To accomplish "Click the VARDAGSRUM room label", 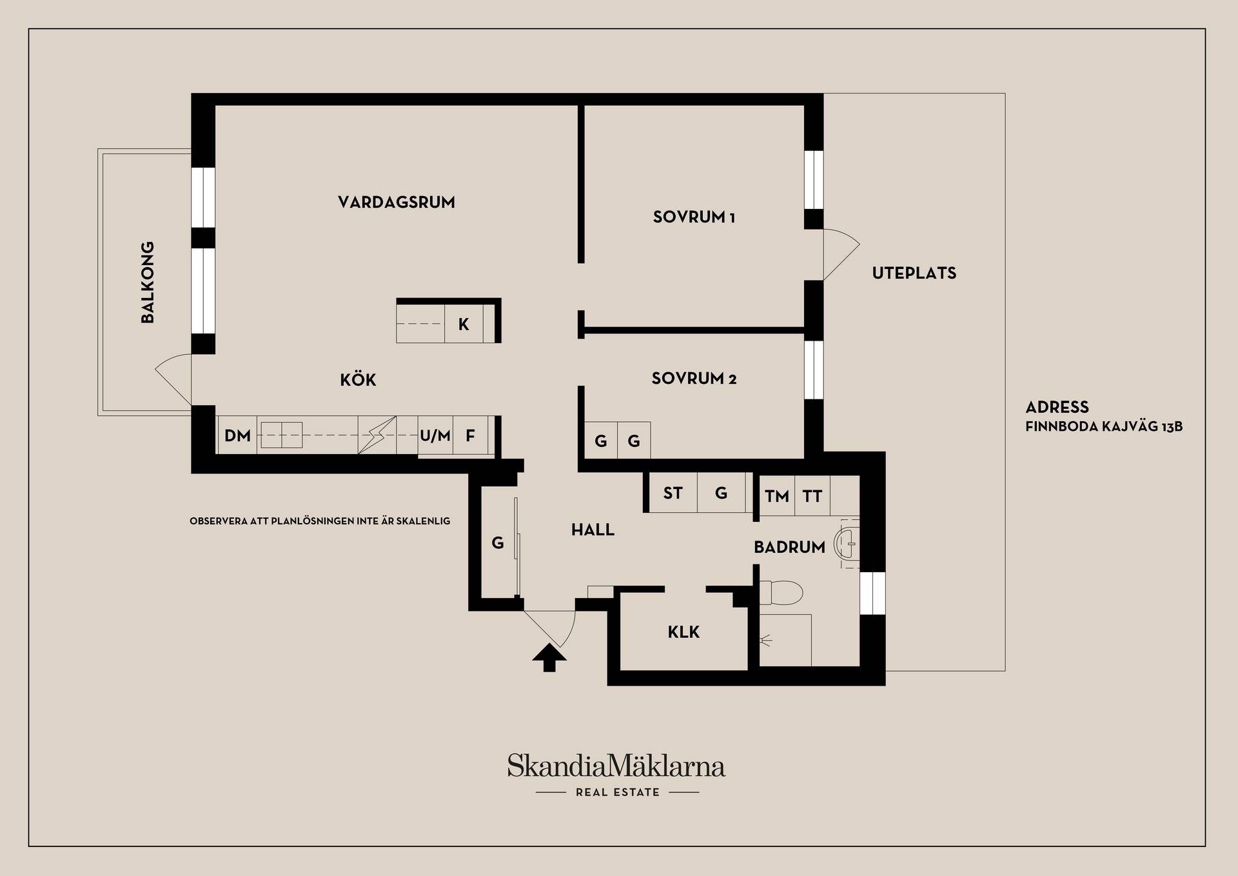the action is (397, 203).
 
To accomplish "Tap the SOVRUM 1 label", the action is (694, 217).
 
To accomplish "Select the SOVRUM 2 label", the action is (694, 379).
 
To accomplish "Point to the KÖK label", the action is (358, 379).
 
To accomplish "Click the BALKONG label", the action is (148, 283).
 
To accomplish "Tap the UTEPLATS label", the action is (914, 274).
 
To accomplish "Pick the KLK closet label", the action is (683, 632).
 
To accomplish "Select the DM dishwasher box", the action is (237, 435).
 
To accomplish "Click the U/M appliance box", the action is (435, 435).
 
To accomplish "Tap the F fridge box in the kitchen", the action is (471, 435).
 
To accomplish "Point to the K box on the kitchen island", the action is (464, 324).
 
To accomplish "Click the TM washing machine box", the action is (777, 496).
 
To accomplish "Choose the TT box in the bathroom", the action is (812, 496).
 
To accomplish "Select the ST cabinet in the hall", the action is (673, 493).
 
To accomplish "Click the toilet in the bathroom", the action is (781, 592).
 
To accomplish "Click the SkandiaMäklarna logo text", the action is (616, 766).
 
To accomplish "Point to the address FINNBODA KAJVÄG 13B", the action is (1104, 426).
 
